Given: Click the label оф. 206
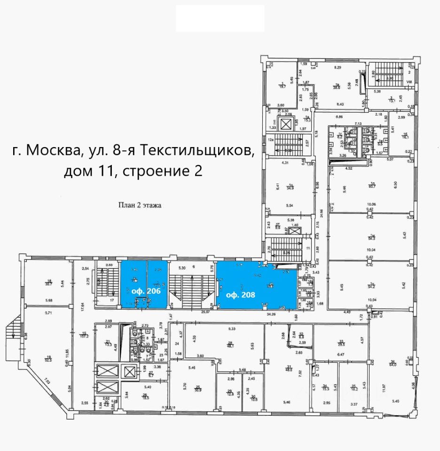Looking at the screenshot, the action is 146,291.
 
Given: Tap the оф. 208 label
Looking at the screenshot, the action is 240,295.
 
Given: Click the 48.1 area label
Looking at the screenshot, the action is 231,345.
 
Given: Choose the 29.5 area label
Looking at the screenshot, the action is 341,344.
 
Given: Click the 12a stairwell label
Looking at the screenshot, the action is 270,140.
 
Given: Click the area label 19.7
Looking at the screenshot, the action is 283,86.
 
